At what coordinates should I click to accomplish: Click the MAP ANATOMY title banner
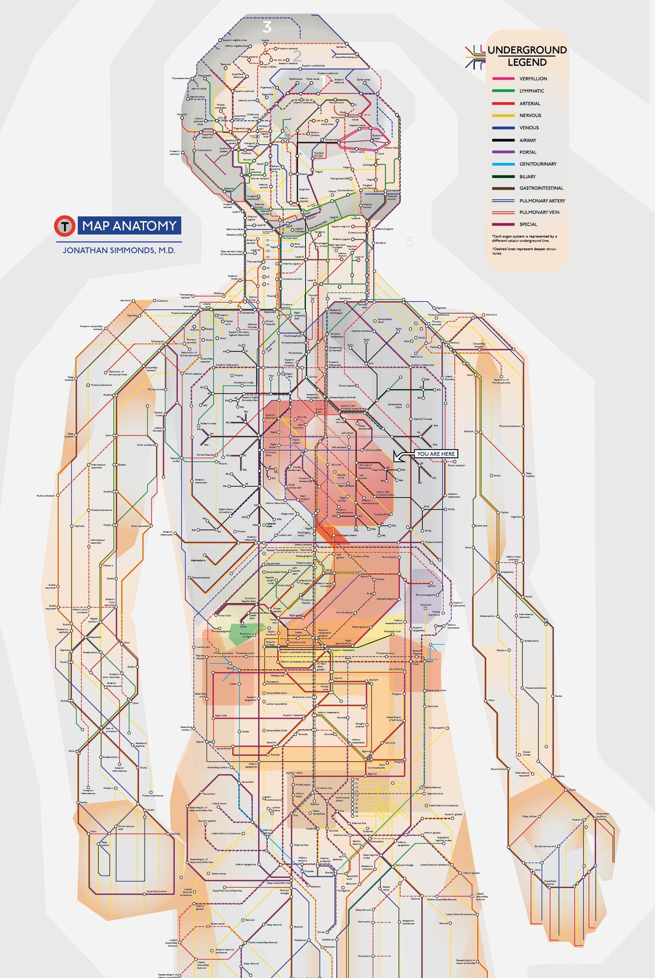pos(129,226)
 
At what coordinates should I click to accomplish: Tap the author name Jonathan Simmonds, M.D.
pos(119,250)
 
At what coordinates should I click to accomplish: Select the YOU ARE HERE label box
pos(436,454)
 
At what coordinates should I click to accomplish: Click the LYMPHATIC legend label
pos(531,91)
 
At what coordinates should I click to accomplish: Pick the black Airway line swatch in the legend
pos(503,140)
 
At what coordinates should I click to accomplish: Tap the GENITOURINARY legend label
pos(537,164)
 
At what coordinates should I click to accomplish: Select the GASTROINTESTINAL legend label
pos(541,188)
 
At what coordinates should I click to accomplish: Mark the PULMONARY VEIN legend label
pos(539,212)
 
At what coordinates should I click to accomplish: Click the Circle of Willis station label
pos(268,67)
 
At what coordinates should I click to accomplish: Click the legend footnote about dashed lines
pos(524,251)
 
